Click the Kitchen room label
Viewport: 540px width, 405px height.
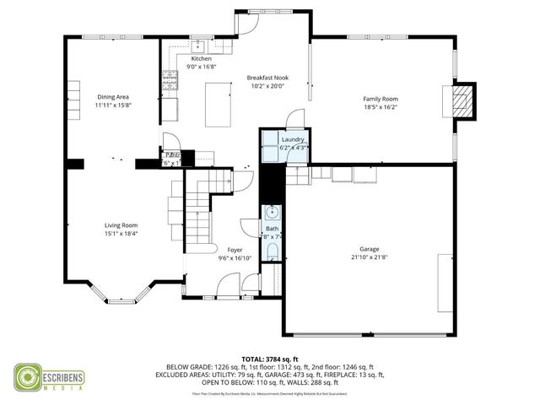click(190, 59)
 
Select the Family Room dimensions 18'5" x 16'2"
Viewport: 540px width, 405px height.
click(380, 107)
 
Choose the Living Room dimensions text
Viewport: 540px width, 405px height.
click(121, 234)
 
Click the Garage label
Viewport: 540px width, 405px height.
click(370, 249)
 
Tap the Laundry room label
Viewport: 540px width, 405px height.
click(293, 139)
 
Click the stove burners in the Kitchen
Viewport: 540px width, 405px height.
click(170, 80)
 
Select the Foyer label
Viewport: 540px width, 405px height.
click(235, 250)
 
